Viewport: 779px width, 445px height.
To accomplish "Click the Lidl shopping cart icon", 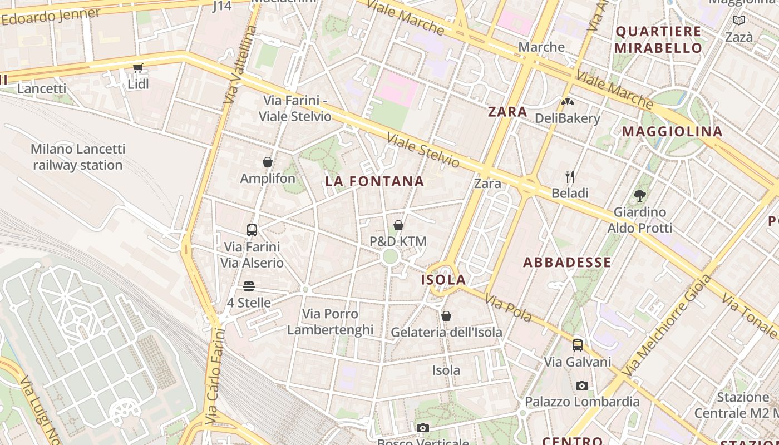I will [137, 68].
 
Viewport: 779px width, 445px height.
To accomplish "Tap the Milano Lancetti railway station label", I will [78, 157].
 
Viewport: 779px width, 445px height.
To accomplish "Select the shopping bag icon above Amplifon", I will [268, 162].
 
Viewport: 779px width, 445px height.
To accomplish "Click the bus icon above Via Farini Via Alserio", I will [252, 230].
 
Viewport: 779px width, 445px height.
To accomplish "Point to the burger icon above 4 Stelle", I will [249, 286].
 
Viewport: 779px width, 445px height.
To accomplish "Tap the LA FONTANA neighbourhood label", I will [374, 181].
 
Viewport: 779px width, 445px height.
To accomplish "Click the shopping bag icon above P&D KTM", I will [398, 225].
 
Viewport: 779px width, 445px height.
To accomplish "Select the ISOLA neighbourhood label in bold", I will [443, 280].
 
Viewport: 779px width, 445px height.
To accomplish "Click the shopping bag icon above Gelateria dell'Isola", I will [446, 316].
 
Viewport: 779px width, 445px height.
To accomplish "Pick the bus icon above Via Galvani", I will [578, 345].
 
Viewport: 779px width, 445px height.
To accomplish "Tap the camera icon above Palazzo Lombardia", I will [582, 385].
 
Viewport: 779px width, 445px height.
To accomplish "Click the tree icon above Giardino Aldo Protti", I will [640, 195].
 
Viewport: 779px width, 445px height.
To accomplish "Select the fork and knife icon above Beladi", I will [570, 177].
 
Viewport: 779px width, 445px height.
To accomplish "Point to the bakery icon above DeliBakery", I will [568, 102].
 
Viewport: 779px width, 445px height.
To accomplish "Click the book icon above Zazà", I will [739, 21].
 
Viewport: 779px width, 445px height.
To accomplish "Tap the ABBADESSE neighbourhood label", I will [567, 263].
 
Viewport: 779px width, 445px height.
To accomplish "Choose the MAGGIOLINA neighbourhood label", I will [672, 132].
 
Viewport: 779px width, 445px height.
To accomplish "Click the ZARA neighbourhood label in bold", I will [507, 112].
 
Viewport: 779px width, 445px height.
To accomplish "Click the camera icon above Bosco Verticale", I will [423, 428].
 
